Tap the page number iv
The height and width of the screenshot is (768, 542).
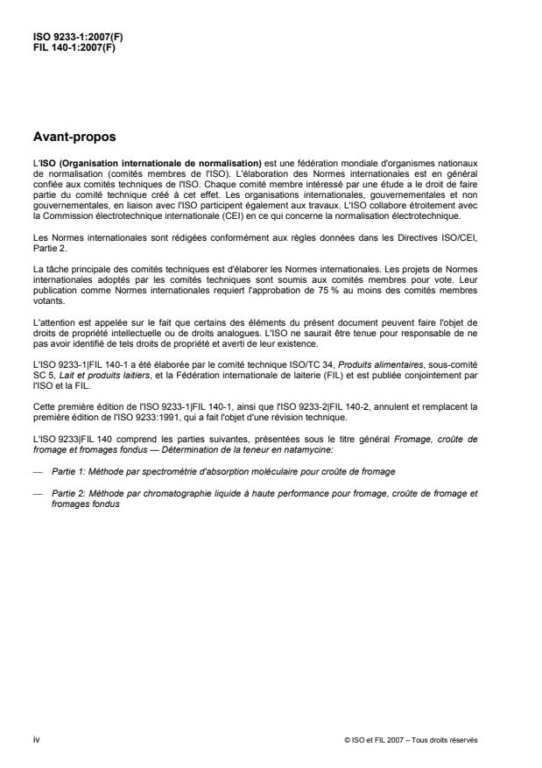pos(35,739)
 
